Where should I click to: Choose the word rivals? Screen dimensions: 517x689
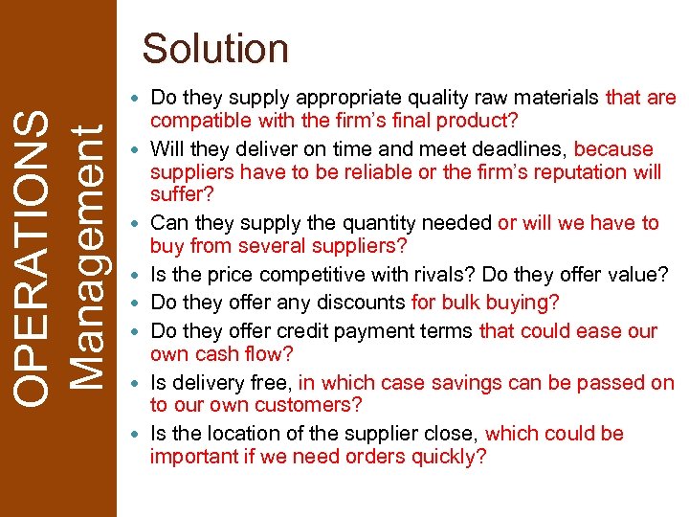coord(445,275)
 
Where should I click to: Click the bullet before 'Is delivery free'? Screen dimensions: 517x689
coord(141,384)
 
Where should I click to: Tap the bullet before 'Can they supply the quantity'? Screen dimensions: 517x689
coord(141,224)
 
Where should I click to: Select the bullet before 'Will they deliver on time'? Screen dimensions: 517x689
coord(141,150)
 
